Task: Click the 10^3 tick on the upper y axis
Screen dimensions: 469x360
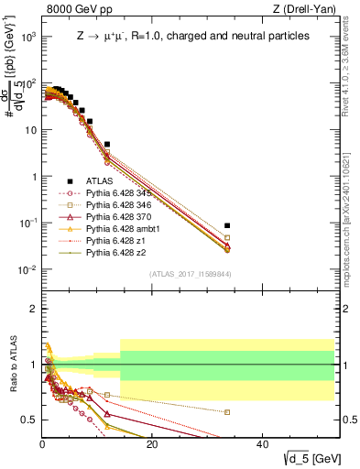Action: pyautogui.click(x=27, y=37)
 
